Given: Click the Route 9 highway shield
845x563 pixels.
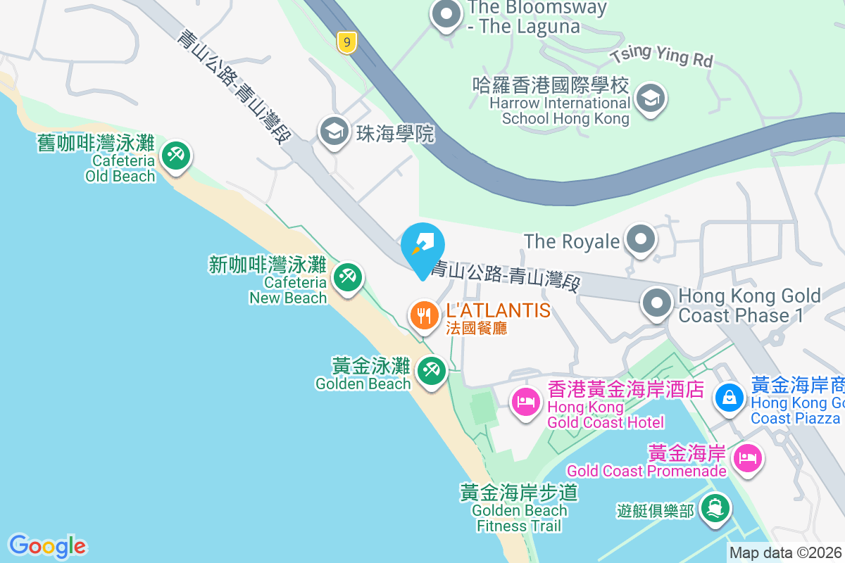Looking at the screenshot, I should click(x=346, y=42).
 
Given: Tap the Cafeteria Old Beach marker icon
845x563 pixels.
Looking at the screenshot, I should click(x=174, y=155).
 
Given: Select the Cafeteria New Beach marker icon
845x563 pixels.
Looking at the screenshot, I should click(x=346, y=277).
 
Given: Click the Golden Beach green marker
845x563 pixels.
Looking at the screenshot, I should click(x=431, y=369).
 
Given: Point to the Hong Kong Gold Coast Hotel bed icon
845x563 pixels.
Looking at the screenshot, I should click(x=526, y=403).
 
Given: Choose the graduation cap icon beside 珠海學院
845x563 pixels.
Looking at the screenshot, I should click(x=334, y=131).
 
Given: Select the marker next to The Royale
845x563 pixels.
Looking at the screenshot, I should click(x=640, y=239).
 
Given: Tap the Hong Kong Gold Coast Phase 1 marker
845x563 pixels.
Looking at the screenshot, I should click(x=657, y=304).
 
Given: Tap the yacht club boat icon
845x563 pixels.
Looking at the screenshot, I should click(x=716, y=508).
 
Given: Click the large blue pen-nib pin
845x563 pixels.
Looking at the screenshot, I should click(x=423, y=248).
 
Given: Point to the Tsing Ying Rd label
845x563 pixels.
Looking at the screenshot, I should click(x=662, y=56).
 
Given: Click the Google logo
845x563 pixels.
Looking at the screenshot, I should click(x=47, y=546).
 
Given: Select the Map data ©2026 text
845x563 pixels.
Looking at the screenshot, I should click(x=785, y=553).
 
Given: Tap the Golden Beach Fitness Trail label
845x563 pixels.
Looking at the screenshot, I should click(x=520, y=509).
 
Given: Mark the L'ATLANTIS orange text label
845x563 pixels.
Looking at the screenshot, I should click(x=498, y=310).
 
